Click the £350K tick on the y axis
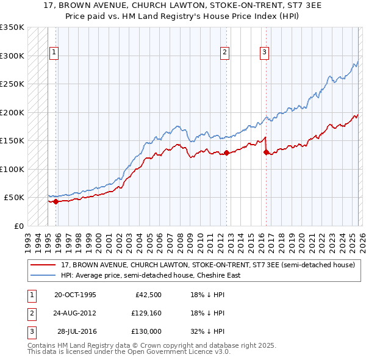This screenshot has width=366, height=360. coord(12,27)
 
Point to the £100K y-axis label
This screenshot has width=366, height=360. coord(12,169)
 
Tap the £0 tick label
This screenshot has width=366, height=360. coord(18,226)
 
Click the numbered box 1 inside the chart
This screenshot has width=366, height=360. coord(54,52)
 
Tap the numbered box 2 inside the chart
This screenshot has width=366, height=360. coord(224,52)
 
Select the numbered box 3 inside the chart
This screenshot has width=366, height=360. coord(264,52)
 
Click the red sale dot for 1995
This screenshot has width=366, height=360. coord(56,201)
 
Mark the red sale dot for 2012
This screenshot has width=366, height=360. coord(226,153)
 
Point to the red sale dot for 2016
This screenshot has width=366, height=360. coord(266,153)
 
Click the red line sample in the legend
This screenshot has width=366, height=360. coord(43,265)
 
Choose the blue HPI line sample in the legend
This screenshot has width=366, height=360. coord(43,275)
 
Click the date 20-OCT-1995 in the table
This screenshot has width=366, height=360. coord(75,295)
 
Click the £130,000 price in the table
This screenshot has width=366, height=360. coord(146,331)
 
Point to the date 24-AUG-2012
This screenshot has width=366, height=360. coord(75,313)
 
